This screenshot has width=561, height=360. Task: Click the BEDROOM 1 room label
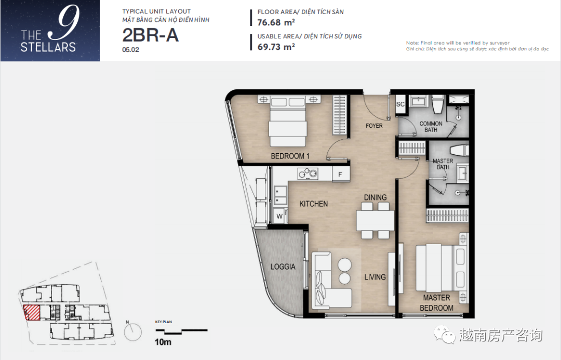tap(290, 156)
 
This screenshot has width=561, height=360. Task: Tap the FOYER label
tap(374, 126)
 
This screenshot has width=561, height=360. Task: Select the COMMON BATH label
tap(431, 127)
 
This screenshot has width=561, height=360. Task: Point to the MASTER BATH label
tap(443, 164)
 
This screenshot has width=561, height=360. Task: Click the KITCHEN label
tap(313, 204)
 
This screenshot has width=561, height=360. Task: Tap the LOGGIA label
tap(283, 266)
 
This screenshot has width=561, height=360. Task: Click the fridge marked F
tap(340, 174)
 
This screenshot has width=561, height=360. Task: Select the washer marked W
tap(279, 217)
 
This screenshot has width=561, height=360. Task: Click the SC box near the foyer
tap(400, 104)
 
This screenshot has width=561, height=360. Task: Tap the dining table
tap(375, 221)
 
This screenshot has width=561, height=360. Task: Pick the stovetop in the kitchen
tap(308, 174)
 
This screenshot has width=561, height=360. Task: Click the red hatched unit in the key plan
tap(32, 312)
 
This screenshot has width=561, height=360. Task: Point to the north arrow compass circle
tap(133, 332)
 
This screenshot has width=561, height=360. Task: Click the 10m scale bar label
tap(163, 342)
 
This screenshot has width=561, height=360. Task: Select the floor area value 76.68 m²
tap(276, 22)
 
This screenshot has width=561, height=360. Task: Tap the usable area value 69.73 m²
tap(276, 47)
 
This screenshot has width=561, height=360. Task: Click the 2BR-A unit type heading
tap(150, 35)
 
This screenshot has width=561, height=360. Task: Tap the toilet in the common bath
tap(438, 104)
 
